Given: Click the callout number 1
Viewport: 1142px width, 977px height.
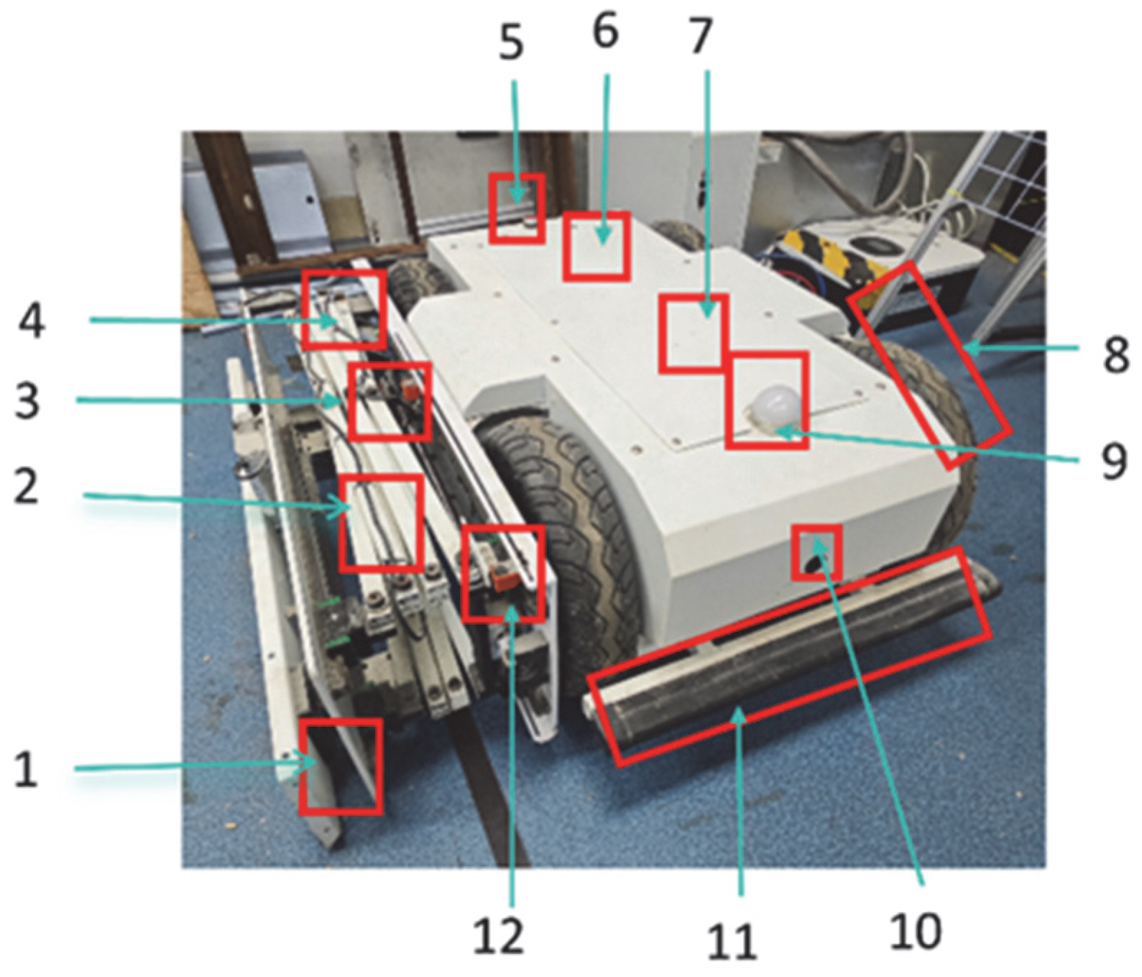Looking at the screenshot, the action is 26,770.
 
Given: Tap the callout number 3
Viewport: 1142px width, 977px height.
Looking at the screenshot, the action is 27,400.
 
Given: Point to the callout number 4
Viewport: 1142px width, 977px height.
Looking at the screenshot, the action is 32,320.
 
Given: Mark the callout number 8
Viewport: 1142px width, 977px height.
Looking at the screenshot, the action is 1116,355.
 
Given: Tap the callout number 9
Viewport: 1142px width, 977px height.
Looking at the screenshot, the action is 1114,462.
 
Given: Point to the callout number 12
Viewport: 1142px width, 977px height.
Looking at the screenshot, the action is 499,935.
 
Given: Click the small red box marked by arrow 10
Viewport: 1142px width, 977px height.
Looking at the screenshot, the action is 816,552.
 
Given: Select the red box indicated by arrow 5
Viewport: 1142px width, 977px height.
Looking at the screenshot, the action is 517,208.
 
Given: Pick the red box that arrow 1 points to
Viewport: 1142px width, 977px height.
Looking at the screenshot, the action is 341,766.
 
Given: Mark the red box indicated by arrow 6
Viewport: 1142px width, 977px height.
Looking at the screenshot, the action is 597,246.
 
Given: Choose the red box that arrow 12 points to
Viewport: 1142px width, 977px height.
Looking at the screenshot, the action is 502,573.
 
